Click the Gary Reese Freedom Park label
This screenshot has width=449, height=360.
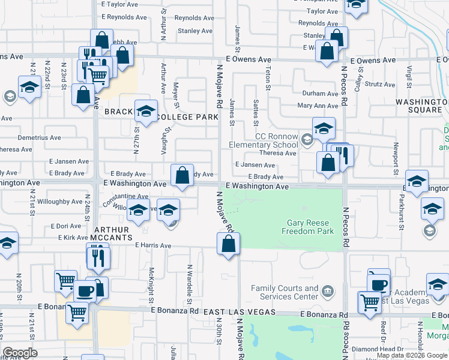[x=308, y=227]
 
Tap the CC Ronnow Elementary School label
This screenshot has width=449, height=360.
[x=264, y=140]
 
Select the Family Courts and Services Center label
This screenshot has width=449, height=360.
[x=285, y=292]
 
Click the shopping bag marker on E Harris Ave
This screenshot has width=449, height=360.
[x=228, y=244]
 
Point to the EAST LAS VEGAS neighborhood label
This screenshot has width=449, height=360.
[x=239, y=313]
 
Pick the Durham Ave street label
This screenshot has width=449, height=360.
[x=320, y=94]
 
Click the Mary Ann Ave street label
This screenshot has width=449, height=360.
[x=318, y=106]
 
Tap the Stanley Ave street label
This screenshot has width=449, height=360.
[x=195, y=31]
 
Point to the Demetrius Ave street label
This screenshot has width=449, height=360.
[x=39, y=137]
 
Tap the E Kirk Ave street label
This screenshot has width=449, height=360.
[x=74, y=238]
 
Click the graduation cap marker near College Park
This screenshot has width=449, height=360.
[x=146, y=112]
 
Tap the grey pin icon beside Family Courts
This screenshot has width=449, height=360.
[x=327, y=292]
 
